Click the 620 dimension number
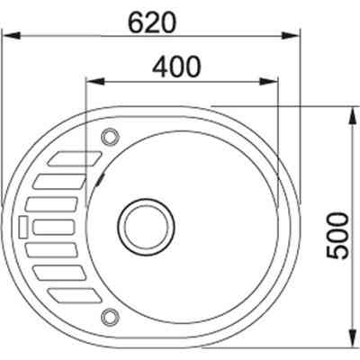click(151, 23)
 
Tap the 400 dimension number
click(175, 67)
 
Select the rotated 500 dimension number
click(338, 235)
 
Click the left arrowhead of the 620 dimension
click(12, 35)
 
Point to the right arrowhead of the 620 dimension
click(291, 35)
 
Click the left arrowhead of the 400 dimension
click(95, 81)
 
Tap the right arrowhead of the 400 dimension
click(269, 81)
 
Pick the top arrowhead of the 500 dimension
click(353, 115)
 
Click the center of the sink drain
click(146, 227)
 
